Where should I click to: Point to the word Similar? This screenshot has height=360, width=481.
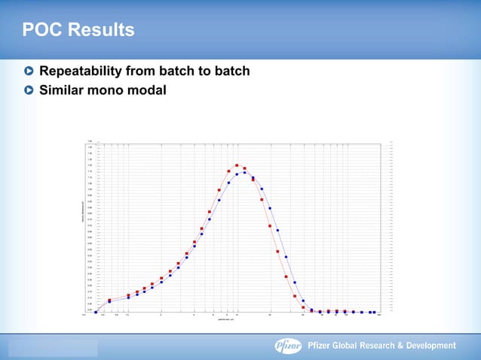[66, 90]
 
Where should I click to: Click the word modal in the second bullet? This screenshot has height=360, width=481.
[147, 90]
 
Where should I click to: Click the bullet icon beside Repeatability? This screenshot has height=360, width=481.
[29, 72]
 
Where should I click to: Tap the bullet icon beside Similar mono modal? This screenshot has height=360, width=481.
[29, 90]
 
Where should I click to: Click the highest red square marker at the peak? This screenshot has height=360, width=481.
[237, 165]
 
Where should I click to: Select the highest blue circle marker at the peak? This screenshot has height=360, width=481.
[245, 172]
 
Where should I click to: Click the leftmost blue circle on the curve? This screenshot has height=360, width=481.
[96, 311]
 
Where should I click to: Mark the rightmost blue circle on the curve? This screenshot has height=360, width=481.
[374, 312]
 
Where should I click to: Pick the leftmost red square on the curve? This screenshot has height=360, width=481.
[110, 300]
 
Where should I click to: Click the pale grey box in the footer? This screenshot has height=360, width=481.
[53, 347]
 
